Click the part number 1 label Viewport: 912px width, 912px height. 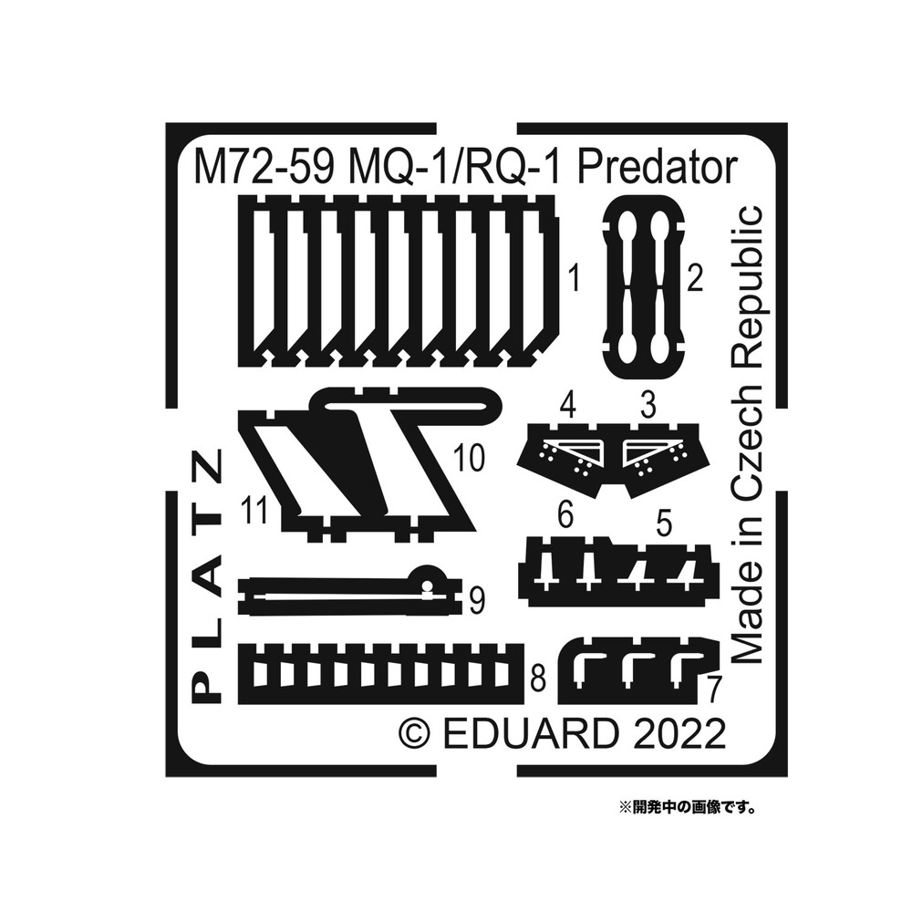573,275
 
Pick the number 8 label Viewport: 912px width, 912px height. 538,678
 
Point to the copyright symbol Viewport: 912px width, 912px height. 414,734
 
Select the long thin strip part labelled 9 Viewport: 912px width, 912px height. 347,596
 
